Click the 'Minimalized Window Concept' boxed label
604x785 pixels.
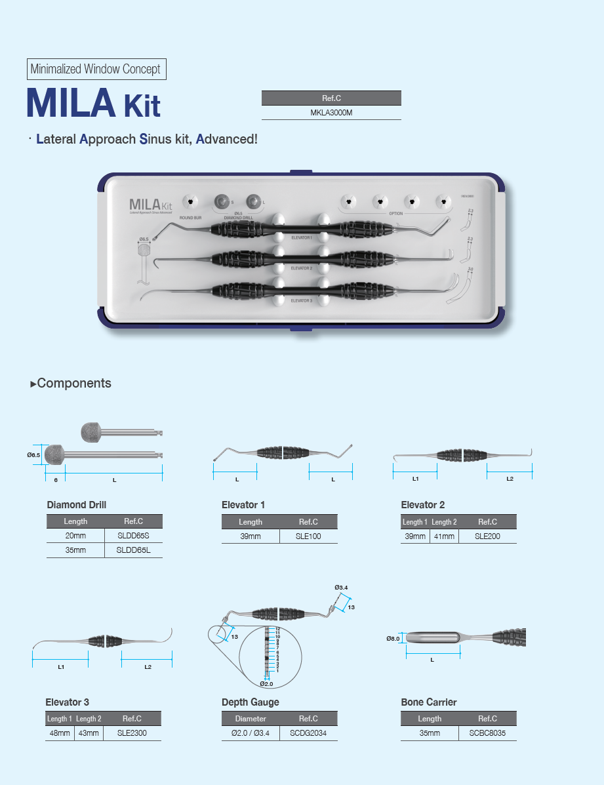tap(96, 69)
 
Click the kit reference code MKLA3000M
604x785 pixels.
tap(331, 113)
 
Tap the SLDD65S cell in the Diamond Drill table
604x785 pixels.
tap(133, 536)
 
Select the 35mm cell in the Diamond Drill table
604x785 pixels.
tap(75, 550)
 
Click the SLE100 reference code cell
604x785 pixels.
tap(308, 536)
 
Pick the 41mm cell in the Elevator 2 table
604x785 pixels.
tap(443, 536)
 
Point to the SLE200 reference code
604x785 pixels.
tap(487, 536)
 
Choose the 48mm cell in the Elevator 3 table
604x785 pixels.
tap(59, 733)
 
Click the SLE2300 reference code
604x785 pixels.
tap(132, 733)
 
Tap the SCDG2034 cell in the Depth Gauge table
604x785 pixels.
tap(308, 733)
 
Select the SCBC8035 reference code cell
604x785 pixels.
tap(487, 733)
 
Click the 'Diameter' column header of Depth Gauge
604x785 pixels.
tap(251, 719)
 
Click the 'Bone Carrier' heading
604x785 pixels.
tap(428, 702)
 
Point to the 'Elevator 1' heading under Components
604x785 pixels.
tap(243, 505)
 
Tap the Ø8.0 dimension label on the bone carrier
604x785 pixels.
tap(392, 638)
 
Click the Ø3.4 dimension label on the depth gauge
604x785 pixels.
tap(340, 587)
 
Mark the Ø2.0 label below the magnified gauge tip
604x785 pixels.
tap(266, 683)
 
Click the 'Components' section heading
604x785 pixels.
tap(73, 384)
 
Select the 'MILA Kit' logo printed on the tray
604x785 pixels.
tap(150, 205)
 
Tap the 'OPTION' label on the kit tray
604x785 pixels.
tap(395, 214)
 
